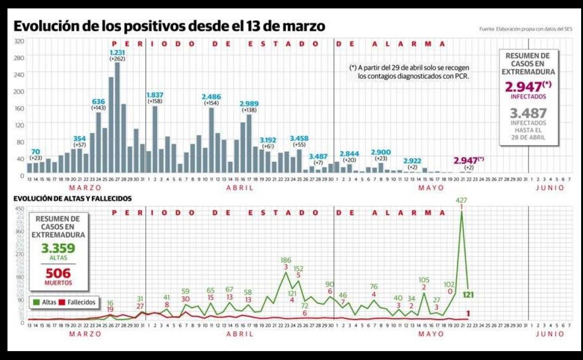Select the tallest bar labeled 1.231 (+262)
click(x=117, y=117)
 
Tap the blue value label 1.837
click(x=155, y=95)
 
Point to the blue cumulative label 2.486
click(x=211, y=96)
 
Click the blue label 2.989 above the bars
click(x=249, y=103)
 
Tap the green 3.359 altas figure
click(x=58, y=248)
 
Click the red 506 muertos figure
click(x=58, y=273)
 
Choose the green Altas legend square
click(x=36, y=302)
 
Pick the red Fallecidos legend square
click(x=62, y=302)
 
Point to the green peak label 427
click(x=462, y=200)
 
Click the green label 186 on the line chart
click(x=286, y=259)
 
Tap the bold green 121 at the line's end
click(x=469, y=295)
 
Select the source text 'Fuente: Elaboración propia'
click(x=526, y=29)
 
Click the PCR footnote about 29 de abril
click(x=409, y=72)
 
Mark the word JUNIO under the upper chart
click(x=550, y=188)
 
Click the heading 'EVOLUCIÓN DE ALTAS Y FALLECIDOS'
click(x=72, y=199)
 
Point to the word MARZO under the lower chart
click(x=85, y=334)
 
